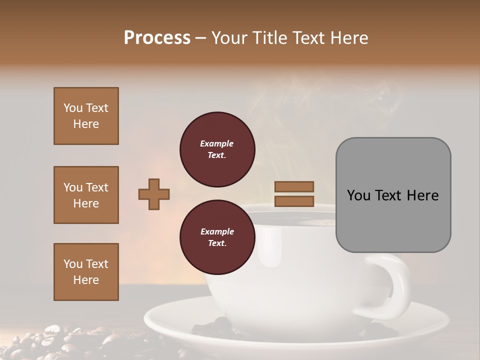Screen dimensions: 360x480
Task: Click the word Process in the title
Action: pyautogui.click(x=157, y=38)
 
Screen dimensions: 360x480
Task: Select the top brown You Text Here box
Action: pyautogui.click(x=86, y=116)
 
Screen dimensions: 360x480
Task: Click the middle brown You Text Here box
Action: pyautogui.click(x=86, y=195)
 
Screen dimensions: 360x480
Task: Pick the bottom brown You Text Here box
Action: pyautogui.click(x=86, y=272)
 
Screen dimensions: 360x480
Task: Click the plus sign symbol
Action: pyautogui.click(x=154, y=194)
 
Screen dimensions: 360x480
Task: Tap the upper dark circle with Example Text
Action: pyautogui.click(x=217, y=149)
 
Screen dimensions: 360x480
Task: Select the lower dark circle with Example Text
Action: pyautogui.click(x=217, y=237)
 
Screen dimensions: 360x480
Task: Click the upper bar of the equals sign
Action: pyautogui.click(x=294, y=187)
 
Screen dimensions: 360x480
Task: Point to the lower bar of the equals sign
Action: pyautogui.click(x=294, y=201)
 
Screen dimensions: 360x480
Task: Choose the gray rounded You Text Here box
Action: pyautogui.click(x=393, y=195)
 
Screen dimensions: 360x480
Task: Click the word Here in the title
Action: pyautogui.click(x=349, y=38)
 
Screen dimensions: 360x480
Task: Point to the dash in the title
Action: pyautogui.click(x=200, y=38)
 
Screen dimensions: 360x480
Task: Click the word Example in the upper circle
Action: pyautogui.click(x=217, y=143)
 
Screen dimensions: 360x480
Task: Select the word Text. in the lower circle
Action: pyautogui.click(x=217, y=243)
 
